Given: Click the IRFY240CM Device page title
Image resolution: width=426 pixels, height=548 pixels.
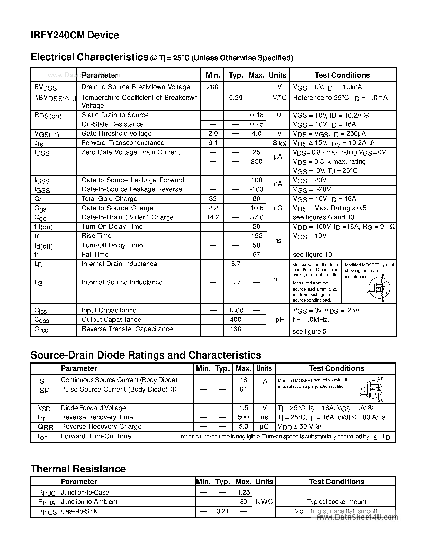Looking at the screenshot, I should click(x=74, y=35).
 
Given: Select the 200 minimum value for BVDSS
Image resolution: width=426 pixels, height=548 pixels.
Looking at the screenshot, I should click(x=213, y=87).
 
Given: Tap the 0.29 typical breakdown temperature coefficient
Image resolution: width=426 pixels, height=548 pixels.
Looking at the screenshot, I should click(x=235, y=98).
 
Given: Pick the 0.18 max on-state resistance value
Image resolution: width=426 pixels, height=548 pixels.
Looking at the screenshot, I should click(x=257, y=115).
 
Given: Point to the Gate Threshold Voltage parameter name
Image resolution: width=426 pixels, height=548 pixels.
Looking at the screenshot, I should click(x=116, y=133).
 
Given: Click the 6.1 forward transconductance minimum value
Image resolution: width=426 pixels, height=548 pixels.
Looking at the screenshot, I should click(x=213, y=143).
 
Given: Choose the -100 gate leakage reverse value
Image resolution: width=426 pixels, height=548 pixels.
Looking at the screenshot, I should click(x=256, y=189).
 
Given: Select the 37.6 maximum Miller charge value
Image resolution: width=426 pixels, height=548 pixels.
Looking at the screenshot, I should click(x=257, y=217).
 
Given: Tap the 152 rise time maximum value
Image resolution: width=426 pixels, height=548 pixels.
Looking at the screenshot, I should click(x=257, y=236).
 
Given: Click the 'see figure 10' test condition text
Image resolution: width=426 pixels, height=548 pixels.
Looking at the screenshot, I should click(x=312, y=255).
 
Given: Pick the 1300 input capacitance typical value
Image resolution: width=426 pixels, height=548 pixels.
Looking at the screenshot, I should click(x=236, y=310).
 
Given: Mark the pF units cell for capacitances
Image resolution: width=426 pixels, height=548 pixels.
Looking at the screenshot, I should click(x=279, y=320).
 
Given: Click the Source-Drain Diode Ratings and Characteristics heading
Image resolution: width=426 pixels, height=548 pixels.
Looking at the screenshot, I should click(x=146, y=355).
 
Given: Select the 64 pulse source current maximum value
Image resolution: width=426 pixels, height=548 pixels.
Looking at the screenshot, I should click(x=243, y=389).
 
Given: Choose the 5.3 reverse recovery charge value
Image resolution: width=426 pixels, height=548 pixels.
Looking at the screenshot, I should click(x=243, y=426).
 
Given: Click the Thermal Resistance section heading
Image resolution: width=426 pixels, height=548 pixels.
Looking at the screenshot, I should click(x=78, y=469).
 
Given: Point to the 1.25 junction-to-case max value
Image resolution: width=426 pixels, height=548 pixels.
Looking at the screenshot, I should click(x=243, y=492).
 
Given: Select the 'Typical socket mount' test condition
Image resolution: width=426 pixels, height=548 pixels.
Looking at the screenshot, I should click(x=336, y=501).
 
